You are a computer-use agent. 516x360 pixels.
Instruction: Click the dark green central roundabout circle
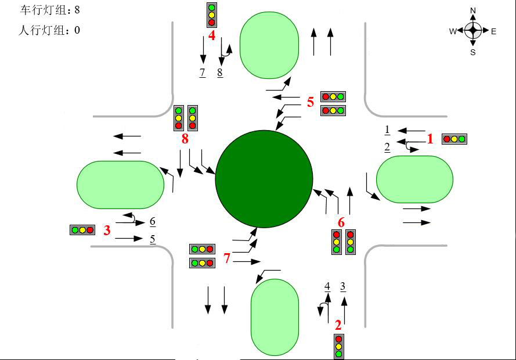[x=264, y=179]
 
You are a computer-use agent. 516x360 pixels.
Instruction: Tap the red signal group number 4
[x=212, y=35]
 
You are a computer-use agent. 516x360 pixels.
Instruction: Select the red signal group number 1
[x=430, y=139]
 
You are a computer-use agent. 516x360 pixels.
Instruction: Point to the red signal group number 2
[x=338, y=325]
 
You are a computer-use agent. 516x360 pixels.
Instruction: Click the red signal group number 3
[x=107, y=231]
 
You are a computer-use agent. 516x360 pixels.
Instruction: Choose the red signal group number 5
[x=311, y=102]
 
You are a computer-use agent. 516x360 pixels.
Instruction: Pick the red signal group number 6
[x=341, y=222]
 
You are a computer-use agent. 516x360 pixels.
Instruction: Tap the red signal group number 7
[x=227, y=258]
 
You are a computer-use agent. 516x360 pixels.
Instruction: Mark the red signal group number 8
[x=185, y=139]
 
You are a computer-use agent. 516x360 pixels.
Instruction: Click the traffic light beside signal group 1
[x=454, y=139]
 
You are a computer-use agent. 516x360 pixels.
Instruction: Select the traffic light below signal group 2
[x=338, y=347]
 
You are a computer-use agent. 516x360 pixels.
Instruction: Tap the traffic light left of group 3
[x=82, y=230]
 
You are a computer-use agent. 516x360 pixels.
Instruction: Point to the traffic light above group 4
[x=212, y=15]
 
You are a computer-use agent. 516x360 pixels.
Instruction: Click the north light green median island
[x=269, y=45]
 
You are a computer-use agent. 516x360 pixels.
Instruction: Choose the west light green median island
[x=121, y=185]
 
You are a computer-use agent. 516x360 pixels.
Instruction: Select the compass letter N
[x=473, y=10]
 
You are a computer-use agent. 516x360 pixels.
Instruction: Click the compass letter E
[x=493, y=31]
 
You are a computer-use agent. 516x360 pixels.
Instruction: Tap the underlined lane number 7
[x=203, y=73]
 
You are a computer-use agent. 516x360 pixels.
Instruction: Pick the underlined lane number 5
[x=153, y=239]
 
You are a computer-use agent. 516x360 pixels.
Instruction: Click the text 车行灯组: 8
[x=50, y=10]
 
